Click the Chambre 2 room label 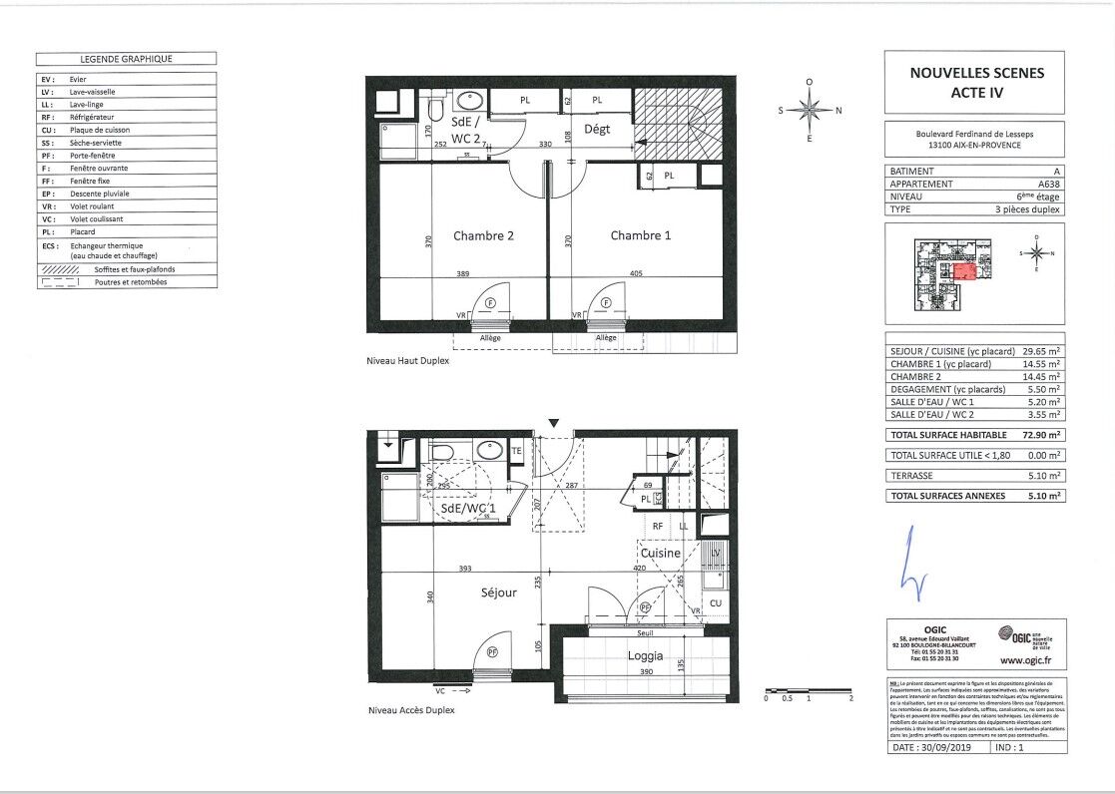[x=483, y=236]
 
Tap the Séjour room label [x=498, y=592]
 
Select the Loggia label [x=646, y=656]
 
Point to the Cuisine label [x=660, y=553]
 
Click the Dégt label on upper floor [x=597, y=129]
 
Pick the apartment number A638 [x=1049, y=184]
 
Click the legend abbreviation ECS [x=49, y=245]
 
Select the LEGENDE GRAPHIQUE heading [x=127, y=59]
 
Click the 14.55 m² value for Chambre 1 [x=1042, y=364]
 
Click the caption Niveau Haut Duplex [x=408, y=364]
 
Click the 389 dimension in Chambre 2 [x=461, y=272]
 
